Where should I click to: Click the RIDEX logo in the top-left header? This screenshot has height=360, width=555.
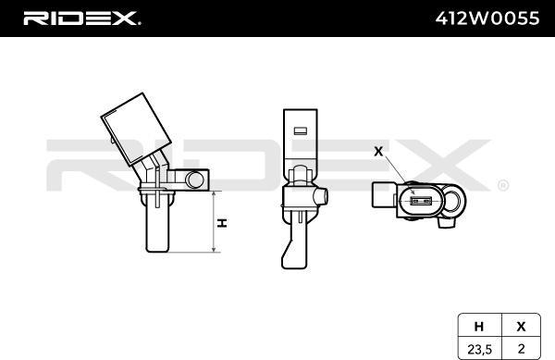click(80, 18)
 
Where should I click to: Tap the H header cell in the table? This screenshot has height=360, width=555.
click(479, 326)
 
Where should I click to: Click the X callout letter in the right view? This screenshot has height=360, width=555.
click(376, 150)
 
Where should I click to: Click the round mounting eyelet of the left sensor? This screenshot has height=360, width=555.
click(194, 180)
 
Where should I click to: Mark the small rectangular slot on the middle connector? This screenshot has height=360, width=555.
click(299, 129)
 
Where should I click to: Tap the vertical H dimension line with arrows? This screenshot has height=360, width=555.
click(215, 222)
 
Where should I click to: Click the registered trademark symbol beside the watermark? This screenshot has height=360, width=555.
click(502, 185)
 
